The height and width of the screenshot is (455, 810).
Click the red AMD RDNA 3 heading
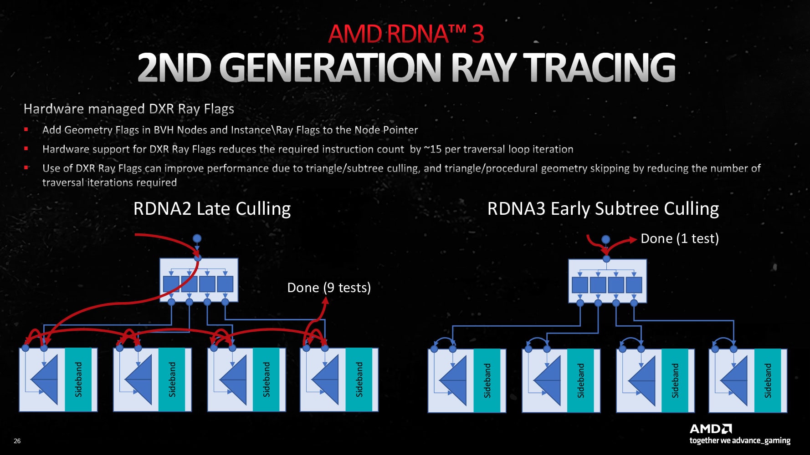click(405, 34)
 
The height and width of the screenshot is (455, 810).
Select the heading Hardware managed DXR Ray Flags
click(128, 109)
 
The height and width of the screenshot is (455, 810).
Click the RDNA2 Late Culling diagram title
click(212, 209)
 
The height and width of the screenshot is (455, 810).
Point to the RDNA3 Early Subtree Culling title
click(603, 209)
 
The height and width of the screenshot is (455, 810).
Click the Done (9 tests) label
click(329, 288)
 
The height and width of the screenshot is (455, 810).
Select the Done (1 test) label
click(679, 238)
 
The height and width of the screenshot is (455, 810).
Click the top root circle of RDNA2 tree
click(197, 238)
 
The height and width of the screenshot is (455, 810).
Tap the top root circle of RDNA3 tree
click(605, 239)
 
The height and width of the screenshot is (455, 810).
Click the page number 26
click(17, 440)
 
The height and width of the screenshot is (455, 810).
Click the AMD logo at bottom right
click(710, 429)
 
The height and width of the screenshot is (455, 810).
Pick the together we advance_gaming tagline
click(739, 440)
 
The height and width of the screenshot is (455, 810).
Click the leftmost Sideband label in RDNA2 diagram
click(78, 379)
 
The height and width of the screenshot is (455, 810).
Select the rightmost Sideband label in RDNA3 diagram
click(768, 380)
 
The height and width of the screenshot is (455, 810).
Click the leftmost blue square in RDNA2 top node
click(171, 284)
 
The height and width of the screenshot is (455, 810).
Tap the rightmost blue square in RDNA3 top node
click(634, 285)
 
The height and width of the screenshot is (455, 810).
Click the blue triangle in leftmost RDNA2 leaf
click(46, 380)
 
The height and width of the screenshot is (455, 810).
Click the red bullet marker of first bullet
click(26, 130)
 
